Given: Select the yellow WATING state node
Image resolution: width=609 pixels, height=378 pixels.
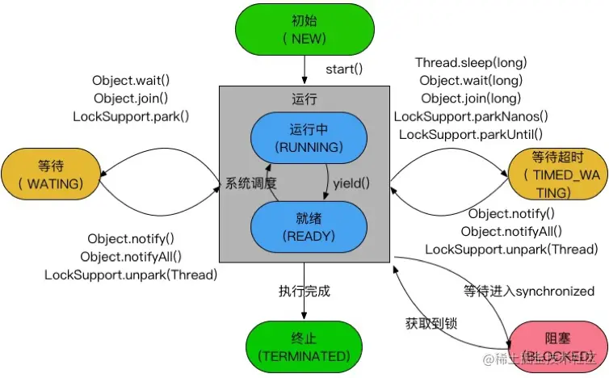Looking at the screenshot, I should click(x=50, y=174).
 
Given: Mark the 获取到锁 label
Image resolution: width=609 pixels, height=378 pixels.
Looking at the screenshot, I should click(x=431, y=323).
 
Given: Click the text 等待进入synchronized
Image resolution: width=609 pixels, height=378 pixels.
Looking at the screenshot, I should click(x=529, y=291).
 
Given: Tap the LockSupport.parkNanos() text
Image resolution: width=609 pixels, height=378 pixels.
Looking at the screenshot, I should click(x=470, y=116).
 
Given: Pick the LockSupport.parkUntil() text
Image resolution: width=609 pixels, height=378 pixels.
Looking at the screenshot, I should click(x=470, y=134).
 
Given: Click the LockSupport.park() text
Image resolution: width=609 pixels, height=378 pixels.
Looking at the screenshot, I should click(x=131, y=116).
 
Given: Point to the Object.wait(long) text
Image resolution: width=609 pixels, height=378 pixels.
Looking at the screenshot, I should click(x=470, y=80).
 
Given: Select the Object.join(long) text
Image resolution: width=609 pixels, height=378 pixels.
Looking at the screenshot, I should click(x=470, y=99).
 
